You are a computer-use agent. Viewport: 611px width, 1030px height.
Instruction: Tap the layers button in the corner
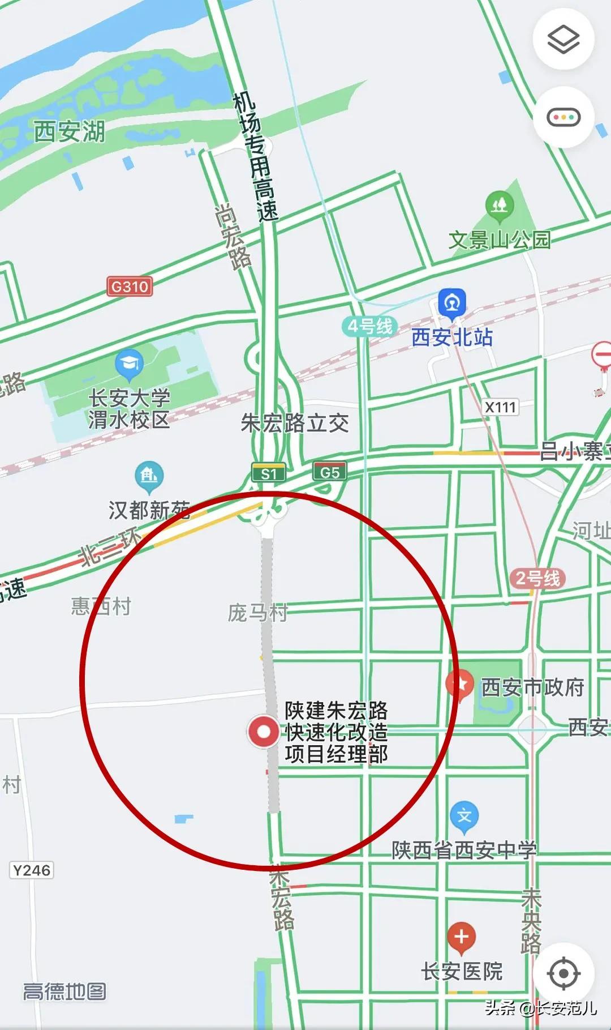pos(563,39)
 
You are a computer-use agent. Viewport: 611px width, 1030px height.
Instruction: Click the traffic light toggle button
pos(563,118)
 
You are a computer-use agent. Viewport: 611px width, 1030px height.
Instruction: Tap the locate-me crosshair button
pos(563,973)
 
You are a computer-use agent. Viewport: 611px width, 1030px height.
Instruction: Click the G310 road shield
pos(130,287)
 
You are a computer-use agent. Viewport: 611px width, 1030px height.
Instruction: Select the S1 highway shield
pos(269,473)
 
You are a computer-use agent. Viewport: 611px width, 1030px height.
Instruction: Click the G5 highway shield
pos(329,472)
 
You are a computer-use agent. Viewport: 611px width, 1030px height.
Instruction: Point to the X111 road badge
pos(501,407)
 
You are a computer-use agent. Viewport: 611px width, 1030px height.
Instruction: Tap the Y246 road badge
pos(32,870)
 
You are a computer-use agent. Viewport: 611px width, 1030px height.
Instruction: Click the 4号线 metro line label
pos(369,326)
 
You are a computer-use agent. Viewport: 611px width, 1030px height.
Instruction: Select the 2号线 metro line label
pos(537,578)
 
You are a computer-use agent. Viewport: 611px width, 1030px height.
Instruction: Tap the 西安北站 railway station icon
pos(452,302)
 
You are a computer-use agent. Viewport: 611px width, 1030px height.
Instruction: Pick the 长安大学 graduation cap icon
pos(129,364)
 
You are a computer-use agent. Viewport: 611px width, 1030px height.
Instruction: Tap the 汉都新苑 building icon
pos(149,476)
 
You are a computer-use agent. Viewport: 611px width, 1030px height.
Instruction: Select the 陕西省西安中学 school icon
pos(464,817)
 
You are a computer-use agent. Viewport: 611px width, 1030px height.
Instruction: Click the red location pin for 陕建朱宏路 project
pos(264,732)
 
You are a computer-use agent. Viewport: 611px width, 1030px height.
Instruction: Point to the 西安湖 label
pos(69,131)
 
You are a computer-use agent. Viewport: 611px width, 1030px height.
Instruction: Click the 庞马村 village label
pos(257,612)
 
